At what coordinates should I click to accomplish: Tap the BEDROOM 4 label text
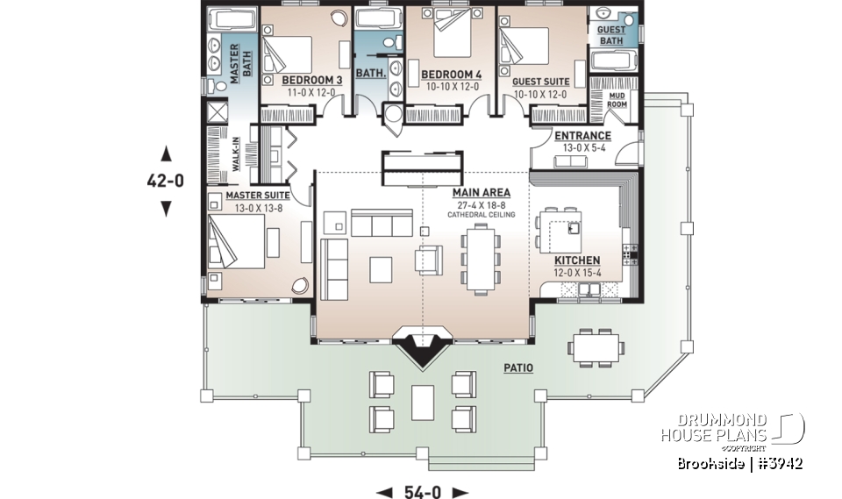[x=450, y=74]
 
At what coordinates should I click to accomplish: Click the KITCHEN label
[x=577, y=260]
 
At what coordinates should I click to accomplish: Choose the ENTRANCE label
[x=582, y=136]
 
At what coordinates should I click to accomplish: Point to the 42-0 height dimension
[x=165, y=182]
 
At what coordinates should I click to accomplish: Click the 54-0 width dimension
[x=423, y=492]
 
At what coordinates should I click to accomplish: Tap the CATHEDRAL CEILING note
[x=481, y=215]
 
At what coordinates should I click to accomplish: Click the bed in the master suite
[x=238, y=242]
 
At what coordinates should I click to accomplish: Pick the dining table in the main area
[x=480, y=255]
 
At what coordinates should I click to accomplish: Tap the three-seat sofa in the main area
[x=382, y=223]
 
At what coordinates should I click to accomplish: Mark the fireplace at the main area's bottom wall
[x=425, y=345]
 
